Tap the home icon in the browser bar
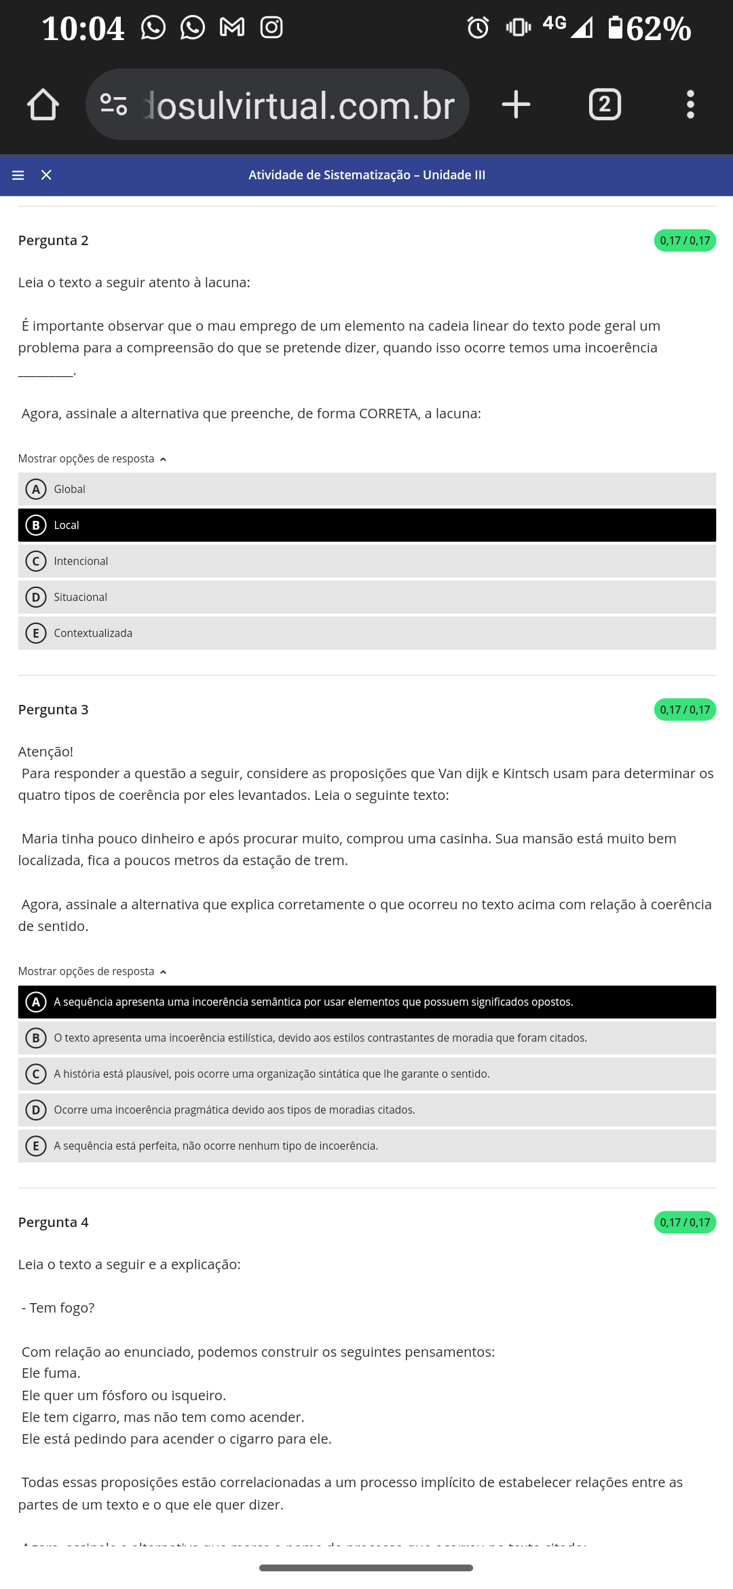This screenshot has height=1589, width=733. [43, 105]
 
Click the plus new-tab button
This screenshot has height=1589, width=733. [516, 105]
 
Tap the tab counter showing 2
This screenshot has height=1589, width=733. [605, 105]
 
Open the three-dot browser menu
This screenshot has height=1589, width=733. [690, 105]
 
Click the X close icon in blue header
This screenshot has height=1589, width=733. [46, 175]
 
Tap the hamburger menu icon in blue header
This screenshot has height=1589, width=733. [18, 175]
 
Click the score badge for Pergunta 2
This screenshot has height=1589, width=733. [684, 240]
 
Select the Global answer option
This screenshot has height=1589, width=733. [366, 489]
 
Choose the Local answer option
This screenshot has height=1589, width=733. [366, 525]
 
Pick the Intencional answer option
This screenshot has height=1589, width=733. [366, 561]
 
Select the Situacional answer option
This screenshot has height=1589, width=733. [366, 597]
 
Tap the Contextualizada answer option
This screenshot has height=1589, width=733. [366, 633]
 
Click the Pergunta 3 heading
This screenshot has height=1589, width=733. [53, 710]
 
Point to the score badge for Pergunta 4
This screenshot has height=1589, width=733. [684, 1222]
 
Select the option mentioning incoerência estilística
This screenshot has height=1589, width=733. [366, 1038]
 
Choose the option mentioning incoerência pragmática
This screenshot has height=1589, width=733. [366, 1110]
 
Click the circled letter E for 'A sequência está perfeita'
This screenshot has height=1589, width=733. [36, 1146]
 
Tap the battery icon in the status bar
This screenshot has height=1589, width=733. [615, 28]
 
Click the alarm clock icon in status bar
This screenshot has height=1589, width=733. [478, 28]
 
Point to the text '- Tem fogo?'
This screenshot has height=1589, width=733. [58, 1308]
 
